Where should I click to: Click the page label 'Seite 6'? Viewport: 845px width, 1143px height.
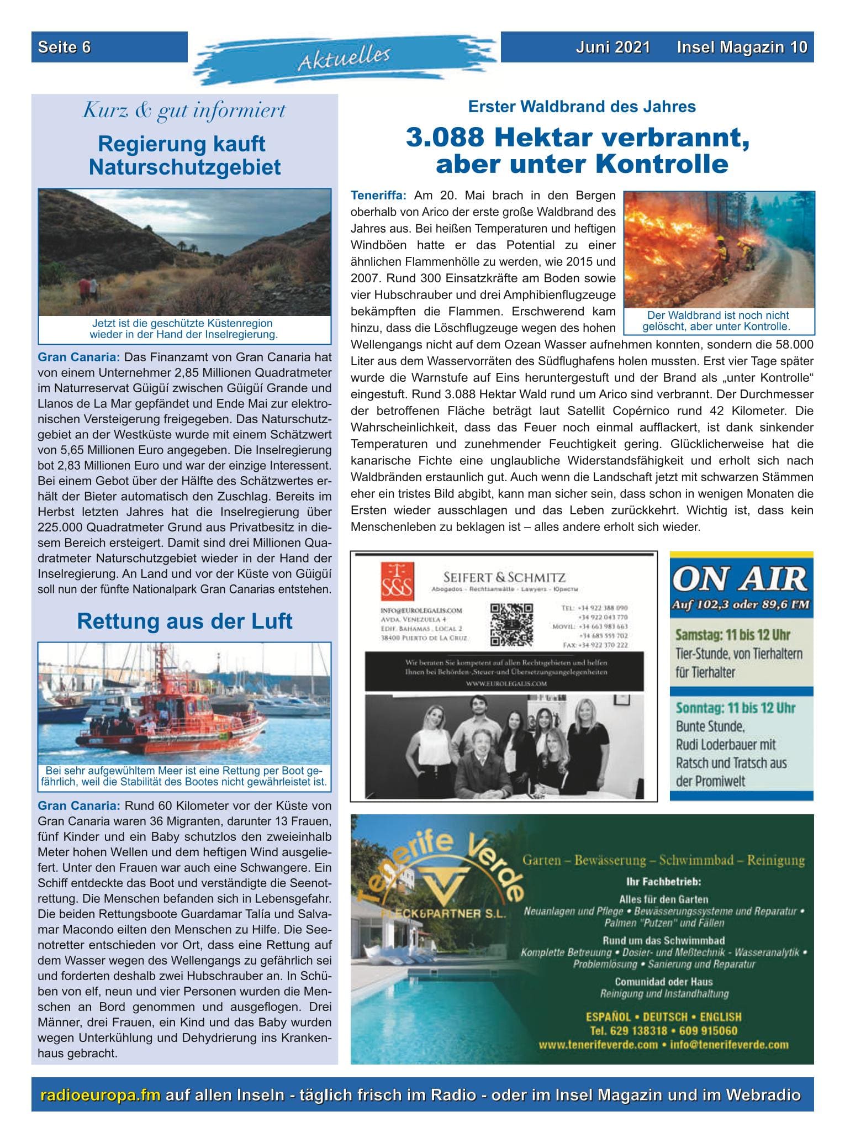64,47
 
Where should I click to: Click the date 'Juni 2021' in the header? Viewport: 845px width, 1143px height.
612,47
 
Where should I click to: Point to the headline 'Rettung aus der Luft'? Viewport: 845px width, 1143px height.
184,621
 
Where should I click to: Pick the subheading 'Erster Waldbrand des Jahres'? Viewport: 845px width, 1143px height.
582,106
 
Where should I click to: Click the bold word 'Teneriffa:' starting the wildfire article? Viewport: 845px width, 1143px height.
378,196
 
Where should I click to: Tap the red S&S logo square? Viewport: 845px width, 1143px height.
397,581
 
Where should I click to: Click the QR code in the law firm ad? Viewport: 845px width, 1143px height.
512,624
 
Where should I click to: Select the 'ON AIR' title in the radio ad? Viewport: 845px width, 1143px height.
741,578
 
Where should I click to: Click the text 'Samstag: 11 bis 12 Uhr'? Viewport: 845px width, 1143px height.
732,635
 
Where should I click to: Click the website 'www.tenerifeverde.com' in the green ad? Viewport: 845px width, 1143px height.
598,1044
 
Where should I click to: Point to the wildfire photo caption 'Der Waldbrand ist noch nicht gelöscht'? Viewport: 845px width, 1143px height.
717,320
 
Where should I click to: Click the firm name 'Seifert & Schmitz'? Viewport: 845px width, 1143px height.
498,578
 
